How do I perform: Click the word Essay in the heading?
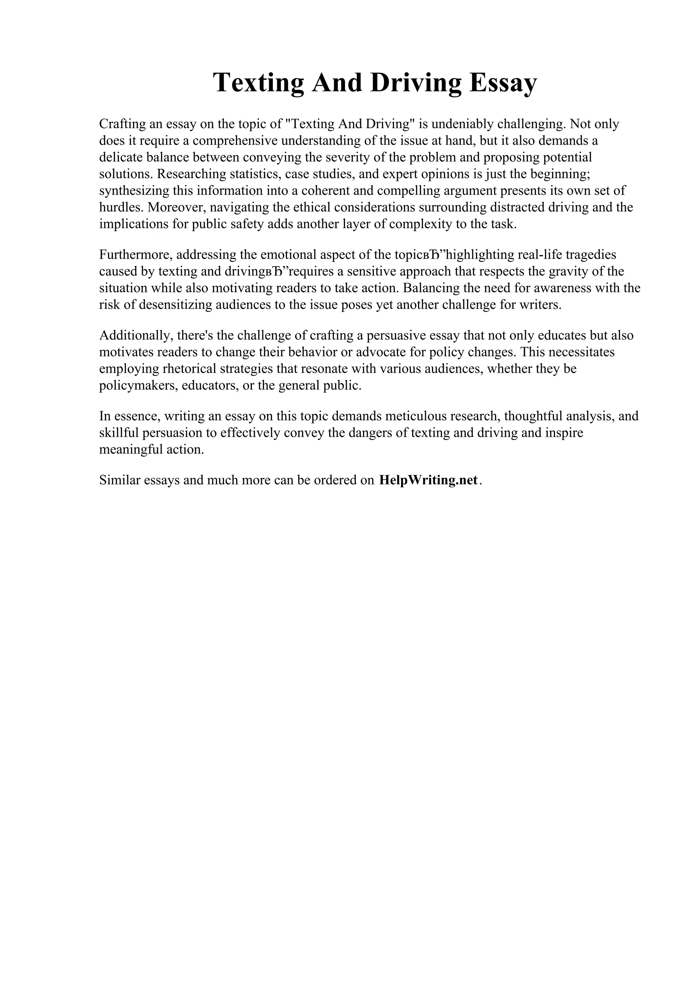tap(503, 83)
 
